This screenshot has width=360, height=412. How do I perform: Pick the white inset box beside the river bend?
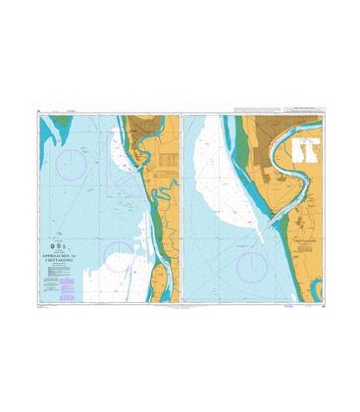(305, 148)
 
